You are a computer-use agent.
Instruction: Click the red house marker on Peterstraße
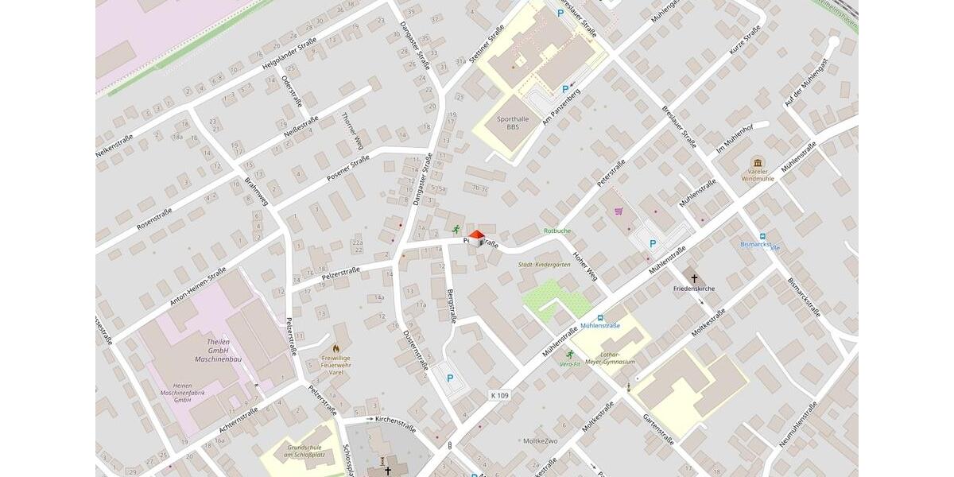pyautogui.click(x=476, y=237)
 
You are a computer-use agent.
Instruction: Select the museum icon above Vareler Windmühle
pyautogui.click(x=757, y=162)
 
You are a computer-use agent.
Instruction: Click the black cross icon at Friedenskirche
pyautogui.click(x=694, y=278)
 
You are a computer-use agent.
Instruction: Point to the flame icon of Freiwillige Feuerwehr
pyautogui.click(x=335, y=348)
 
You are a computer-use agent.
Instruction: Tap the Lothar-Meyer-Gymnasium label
pyautogui.click(x=610, y=358)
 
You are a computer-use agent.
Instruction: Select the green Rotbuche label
pyautogui.click(x=556, y=231)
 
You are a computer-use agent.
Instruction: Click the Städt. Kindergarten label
pyautogui.click(x=544, y=265)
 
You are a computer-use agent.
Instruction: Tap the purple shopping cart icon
pyautogui.click(x=619, y=211)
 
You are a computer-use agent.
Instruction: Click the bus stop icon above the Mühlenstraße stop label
pyautogui.click(x=600, y=316)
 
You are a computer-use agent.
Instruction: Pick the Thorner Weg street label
pyautogui.click(x=351, y=131)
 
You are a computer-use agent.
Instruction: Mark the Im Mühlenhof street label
pyautogui.click(x=734, y=138)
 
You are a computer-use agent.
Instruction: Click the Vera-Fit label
pyautogui.click(x=569, y=363)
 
